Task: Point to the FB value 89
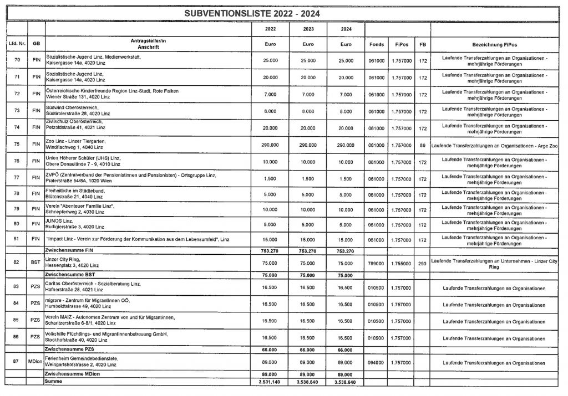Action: tap(423, 145)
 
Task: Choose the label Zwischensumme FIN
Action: tap(68, 251)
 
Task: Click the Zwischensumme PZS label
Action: tap(68, 349)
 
